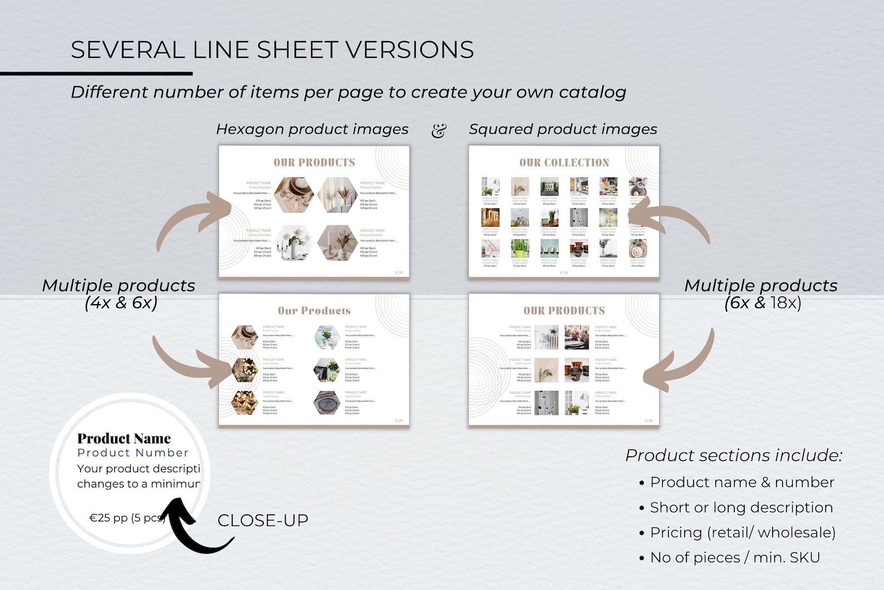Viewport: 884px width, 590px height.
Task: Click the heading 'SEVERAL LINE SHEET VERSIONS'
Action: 272,50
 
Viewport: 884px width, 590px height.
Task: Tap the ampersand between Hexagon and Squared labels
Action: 439,130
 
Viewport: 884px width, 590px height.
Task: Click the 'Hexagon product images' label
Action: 312,129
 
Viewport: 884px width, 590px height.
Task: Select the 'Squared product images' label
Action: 563,129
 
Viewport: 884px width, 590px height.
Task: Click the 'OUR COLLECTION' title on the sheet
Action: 564,163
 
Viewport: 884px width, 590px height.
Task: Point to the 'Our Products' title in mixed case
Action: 314,311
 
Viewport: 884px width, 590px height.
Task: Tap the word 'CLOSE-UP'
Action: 263,520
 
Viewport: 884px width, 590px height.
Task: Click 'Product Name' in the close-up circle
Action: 124,438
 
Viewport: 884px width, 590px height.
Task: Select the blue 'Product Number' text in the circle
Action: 133,453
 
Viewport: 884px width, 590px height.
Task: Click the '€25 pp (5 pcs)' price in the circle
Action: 127,518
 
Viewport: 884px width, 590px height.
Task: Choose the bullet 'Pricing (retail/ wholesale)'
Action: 743,533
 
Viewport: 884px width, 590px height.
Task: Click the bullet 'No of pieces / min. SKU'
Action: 735,558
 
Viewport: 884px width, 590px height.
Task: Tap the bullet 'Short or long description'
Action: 741,508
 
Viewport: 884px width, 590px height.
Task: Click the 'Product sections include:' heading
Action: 734,455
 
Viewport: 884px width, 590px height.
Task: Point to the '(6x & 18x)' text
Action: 763,303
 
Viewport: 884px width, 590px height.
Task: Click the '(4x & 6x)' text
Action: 121,303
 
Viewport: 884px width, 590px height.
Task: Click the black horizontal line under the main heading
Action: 96,74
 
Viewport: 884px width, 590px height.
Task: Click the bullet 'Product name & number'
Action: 742,482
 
